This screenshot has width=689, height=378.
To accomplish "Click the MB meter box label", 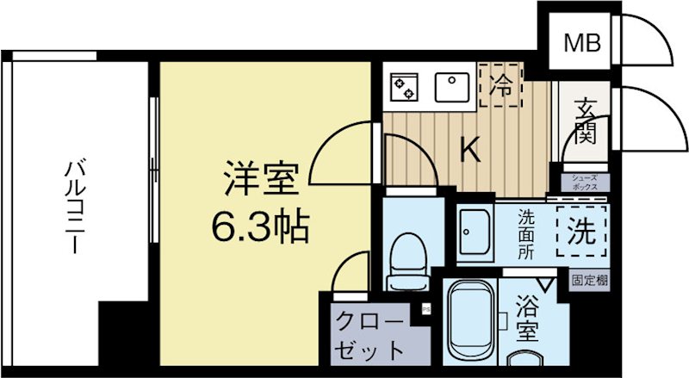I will click(x=582, y=41).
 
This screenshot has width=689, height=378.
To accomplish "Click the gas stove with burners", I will click(x=405, y=87).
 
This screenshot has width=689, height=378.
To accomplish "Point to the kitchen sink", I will click(x=451, y=86).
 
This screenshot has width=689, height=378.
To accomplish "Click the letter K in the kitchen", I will click(x=469, y=150).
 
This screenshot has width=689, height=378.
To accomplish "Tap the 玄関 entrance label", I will click(x=587, y=121).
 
